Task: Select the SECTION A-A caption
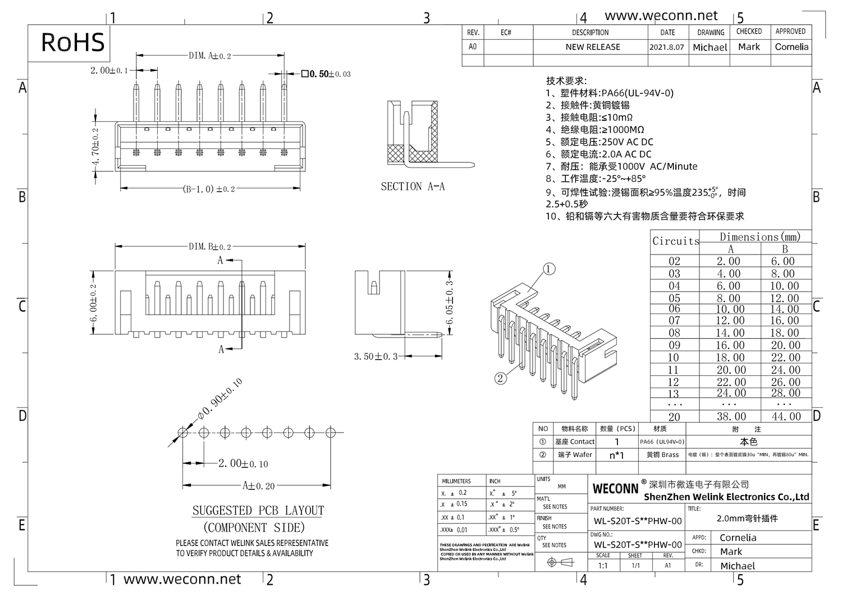click(x=413, y=186)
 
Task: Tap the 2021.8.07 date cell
click(x=667, y=47)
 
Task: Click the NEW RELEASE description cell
click(x=593, y=47)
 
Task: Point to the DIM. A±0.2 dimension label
click(x=209, y=56)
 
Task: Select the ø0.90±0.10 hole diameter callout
click(x=219, y=399)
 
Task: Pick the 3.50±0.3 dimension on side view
click(x=376, y=356)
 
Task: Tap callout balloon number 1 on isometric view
click(x=549, y=269)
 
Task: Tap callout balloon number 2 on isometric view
click(x=501, y=378)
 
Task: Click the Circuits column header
click(x=676, y=241)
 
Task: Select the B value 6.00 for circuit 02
click(x=783, y=261)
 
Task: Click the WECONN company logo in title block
click(x=616, y=489)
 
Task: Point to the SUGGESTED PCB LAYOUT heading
click(x=258, y=511)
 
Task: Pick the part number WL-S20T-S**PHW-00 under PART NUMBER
click(x=638, y=521)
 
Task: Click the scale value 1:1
click(x=603, y=565)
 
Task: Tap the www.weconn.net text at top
click(x=661, y=16)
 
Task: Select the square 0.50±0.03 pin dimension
click(x=326, y=74)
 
